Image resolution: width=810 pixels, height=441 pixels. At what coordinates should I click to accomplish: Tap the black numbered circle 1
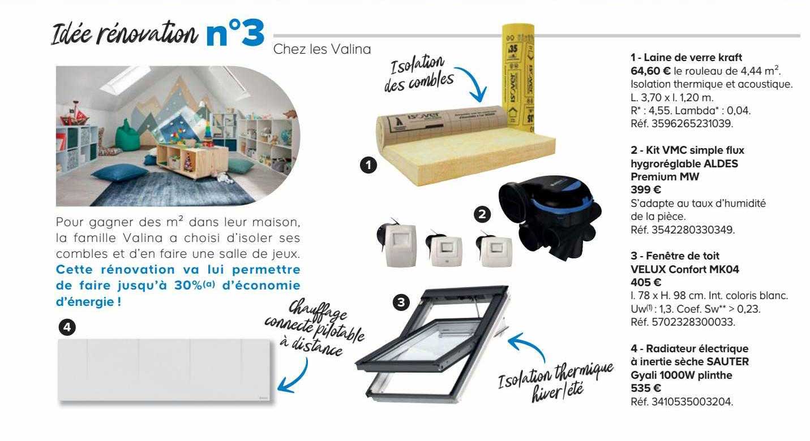368,165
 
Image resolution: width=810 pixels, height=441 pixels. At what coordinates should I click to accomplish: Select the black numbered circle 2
482,213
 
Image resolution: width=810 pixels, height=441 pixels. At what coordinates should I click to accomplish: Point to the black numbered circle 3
401,302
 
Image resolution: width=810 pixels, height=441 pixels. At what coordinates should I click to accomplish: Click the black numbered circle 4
67,327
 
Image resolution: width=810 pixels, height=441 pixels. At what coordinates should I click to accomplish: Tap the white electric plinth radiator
165,370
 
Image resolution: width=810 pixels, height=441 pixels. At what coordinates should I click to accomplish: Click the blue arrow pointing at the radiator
298,376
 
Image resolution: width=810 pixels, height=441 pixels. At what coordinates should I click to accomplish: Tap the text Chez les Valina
322,49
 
